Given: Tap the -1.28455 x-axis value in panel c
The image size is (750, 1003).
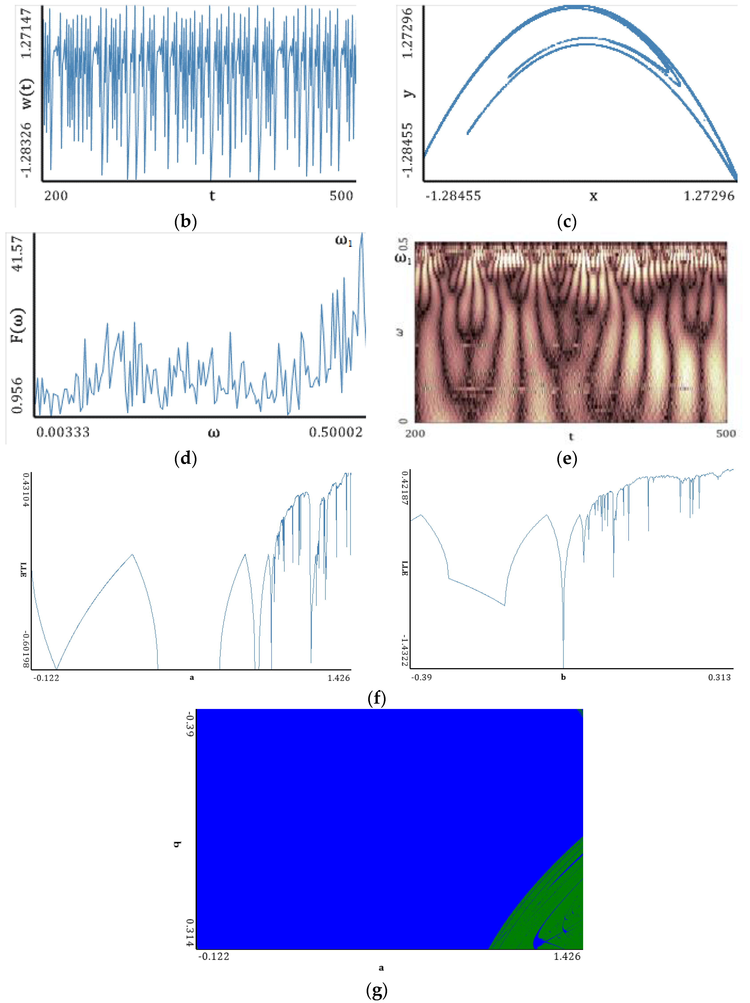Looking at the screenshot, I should pyautogui.click(x=453, y=196).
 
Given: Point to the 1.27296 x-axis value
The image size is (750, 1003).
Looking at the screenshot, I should pyautogui.click(x=709, y=196).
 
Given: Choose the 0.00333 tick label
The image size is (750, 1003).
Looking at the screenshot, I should pyautogui.click(x=63, y=432).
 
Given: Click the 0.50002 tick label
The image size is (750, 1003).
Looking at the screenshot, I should pyautogui.click(x=336, y=432).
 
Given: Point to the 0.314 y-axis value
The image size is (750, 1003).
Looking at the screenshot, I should pyautogui.click(x=190, y=933).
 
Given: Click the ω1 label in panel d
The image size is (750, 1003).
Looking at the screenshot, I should pyautogui.click(x=343, y=241).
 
